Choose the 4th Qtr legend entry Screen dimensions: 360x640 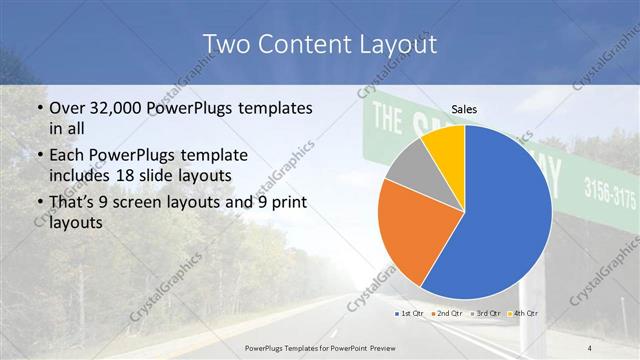click(526, 314)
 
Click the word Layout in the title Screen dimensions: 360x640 click(391, 44)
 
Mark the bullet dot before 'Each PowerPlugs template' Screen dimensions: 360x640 click(38, 156)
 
